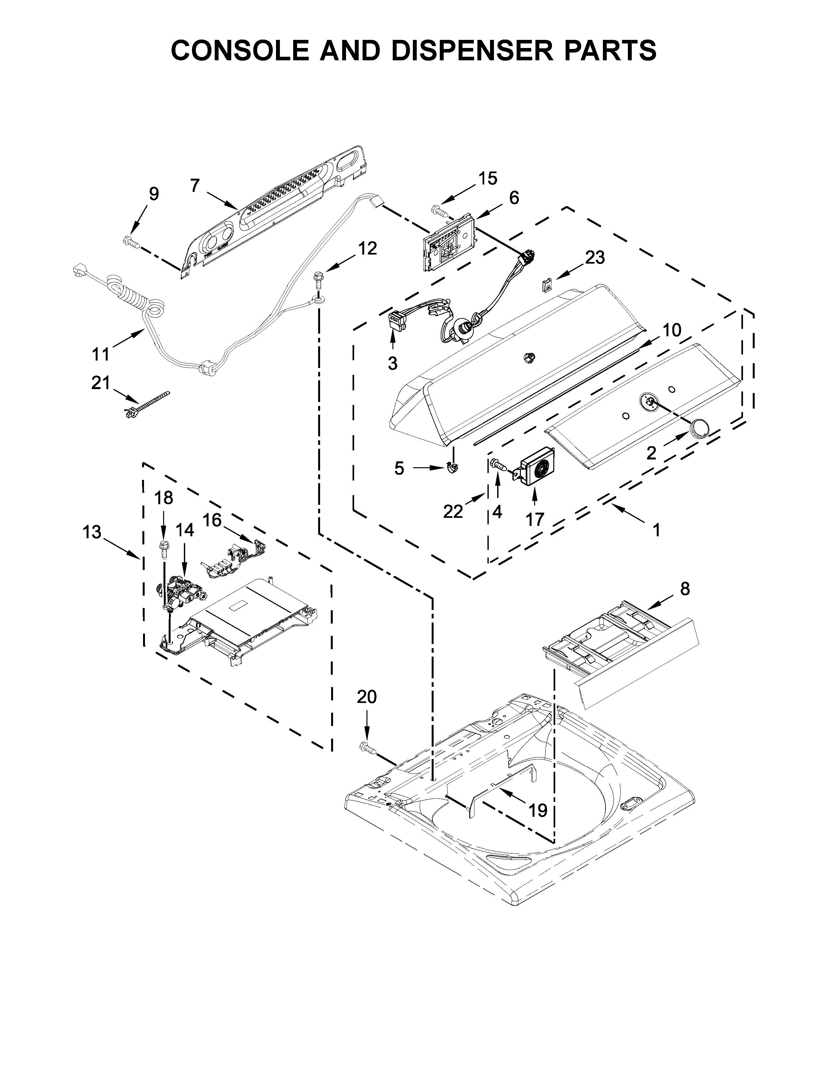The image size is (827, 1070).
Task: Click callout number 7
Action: point(195,186)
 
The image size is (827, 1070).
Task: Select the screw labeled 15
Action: point(438,211)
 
